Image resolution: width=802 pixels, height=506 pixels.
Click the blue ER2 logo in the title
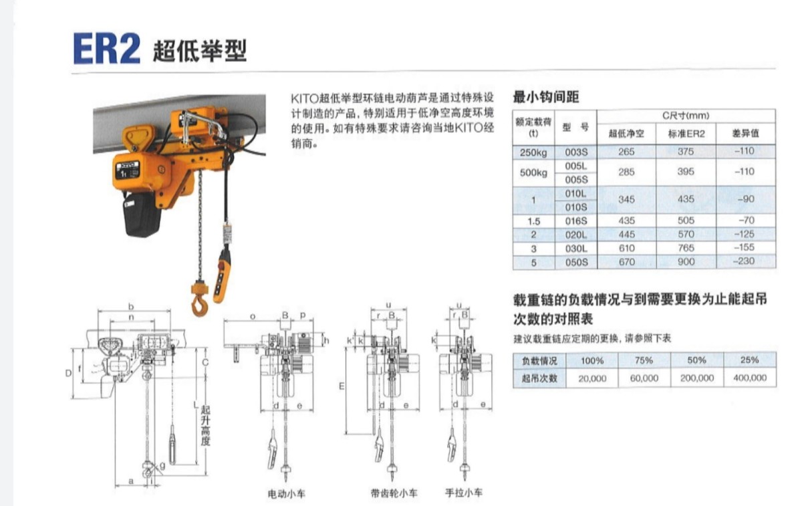(106, 49)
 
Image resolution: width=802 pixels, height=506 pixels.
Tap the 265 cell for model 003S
(626, 152)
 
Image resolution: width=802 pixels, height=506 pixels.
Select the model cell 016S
(575, 221)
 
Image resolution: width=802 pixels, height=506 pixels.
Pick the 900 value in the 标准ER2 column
(686, 262)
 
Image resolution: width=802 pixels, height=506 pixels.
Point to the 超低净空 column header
(626, 134)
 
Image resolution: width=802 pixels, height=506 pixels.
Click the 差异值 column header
(745, 133)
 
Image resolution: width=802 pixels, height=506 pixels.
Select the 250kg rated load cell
(533, 152)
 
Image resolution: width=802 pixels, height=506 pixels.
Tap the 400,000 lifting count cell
(750, 378)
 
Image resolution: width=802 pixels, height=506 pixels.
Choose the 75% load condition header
(644, 360)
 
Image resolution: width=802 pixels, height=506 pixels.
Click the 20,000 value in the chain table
(592, 378)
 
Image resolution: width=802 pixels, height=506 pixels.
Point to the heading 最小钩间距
(545, 97)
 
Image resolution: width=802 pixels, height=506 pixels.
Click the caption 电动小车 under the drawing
(287, 494)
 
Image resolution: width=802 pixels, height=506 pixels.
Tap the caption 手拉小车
(464, 493)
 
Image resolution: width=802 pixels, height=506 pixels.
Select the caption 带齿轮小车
(394, 493)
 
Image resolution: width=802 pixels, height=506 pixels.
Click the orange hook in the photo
(199, 299)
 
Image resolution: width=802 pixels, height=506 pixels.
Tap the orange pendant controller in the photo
(222, 276)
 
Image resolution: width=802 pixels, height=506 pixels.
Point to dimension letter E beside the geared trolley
(342, 386)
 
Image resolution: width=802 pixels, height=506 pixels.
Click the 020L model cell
(575, 235)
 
